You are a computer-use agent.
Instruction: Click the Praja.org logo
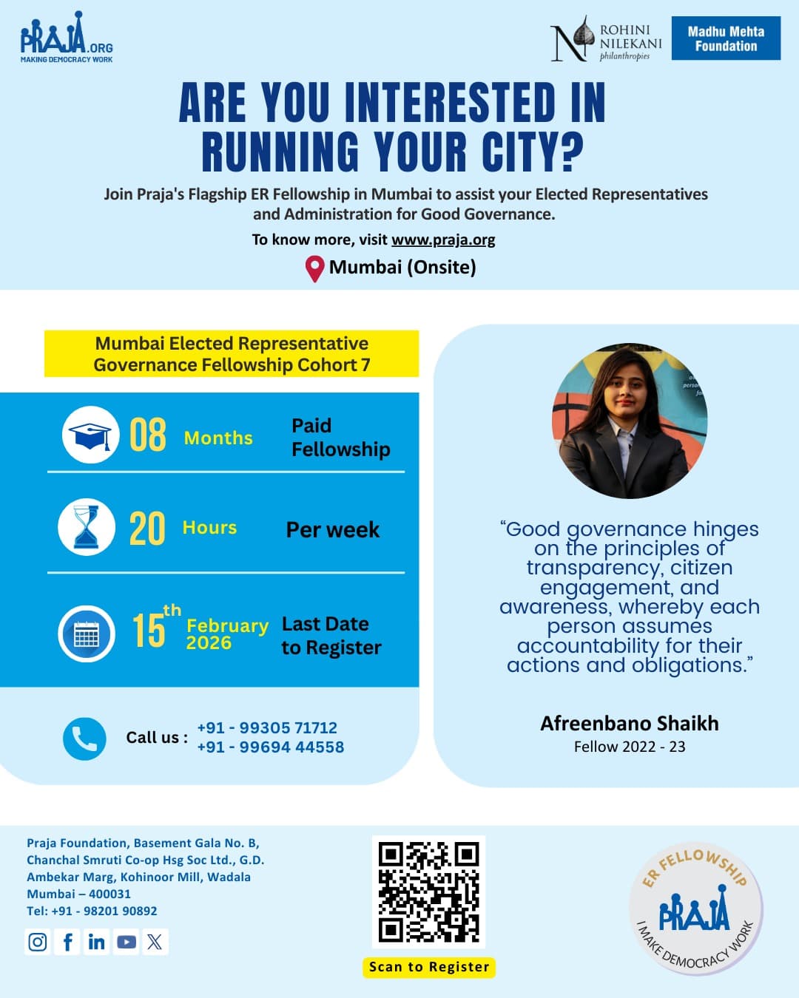(67, 38)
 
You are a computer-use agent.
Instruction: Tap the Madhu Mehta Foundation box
(726, 38)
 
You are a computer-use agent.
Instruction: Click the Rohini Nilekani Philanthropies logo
(607, 41)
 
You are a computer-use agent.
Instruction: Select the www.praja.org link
(443, 240)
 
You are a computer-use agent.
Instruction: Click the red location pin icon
(315, 268)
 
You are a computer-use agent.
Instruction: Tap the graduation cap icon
(90, 435)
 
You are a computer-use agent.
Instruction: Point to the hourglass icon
(87, 527)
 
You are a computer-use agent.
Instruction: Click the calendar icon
(87, 634)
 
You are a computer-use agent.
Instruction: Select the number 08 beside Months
(147, 435)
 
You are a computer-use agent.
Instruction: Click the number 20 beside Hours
(146, 529)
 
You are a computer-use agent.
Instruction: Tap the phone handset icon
(84, 739)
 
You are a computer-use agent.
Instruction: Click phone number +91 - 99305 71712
(267, 728)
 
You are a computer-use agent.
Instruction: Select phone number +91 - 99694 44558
(271, 747)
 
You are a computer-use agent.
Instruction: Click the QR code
(428, 892)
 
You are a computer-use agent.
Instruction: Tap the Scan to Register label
(429, 967)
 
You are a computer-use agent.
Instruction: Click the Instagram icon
(38, 942)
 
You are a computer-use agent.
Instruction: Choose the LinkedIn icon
(96, 942)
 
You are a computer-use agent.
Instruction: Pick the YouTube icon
(126, 942)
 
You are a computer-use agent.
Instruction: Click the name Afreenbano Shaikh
(629, 723)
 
